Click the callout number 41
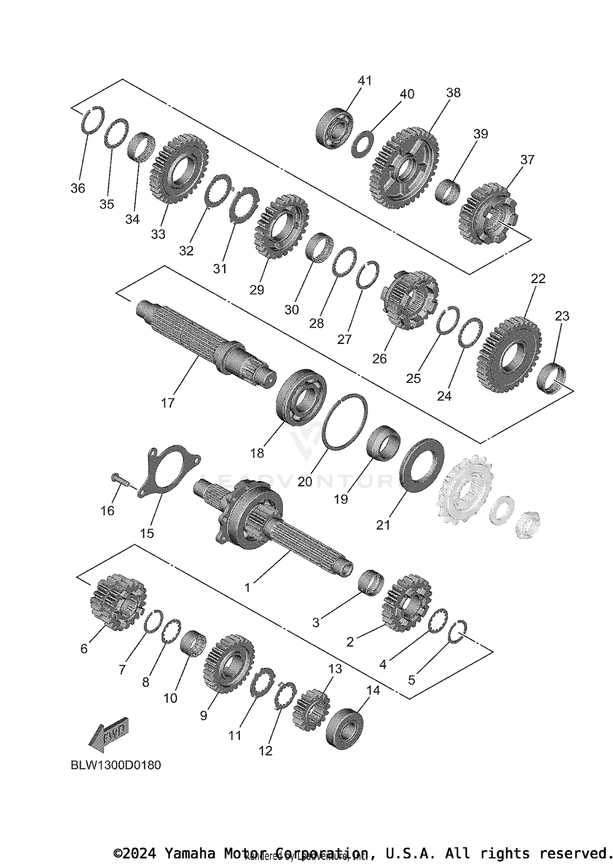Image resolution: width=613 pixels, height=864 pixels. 365,81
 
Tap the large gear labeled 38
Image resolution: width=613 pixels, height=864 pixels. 405,168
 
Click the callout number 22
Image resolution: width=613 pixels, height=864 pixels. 538,279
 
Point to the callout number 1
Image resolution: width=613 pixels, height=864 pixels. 247,588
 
